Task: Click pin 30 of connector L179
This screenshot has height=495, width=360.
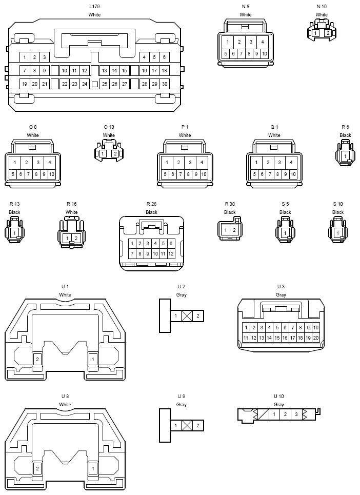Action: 165,84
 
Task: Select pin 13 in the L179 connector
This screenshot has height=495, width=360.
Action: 105,70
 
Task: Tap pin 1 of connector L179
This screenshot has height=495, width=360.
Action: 25,57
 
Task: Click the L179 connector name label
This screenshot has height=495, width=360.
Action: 95,6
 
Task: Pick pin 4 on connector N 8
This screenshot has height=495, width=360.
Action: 263,42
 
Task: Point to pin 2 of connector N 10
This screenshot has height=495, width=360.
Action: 328,33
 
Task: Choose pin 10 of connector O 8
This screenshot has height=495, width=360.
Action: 52,174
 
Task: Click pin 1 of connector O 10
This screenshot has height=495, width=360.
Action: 103,154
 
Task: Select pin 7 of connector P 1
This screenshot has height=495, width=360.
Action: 181,174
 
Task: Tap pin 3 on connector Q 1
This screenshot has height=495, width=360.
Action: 279,163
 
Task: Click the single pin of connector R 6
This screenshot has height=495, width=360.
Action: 345,156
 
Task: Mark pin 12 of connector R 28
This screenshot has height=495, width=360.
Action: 171,253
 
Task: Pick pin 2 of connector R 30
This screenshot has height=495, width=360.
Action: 234,230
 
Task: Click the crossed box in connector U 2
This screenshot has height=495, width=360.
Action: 187,315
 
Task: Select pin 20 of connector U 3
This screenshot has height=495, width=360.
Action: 316,338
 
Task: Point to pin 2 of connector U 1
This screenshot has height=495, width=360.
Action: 37,359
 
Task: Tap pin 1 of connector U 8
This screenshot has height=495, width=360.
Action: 93,468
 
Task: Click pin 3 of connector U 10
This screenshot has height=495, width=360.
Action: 296,414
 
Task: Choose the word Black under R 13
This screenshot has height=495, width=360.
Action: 14,212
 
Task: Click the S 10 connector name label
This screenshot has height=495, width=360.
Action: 338,204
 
